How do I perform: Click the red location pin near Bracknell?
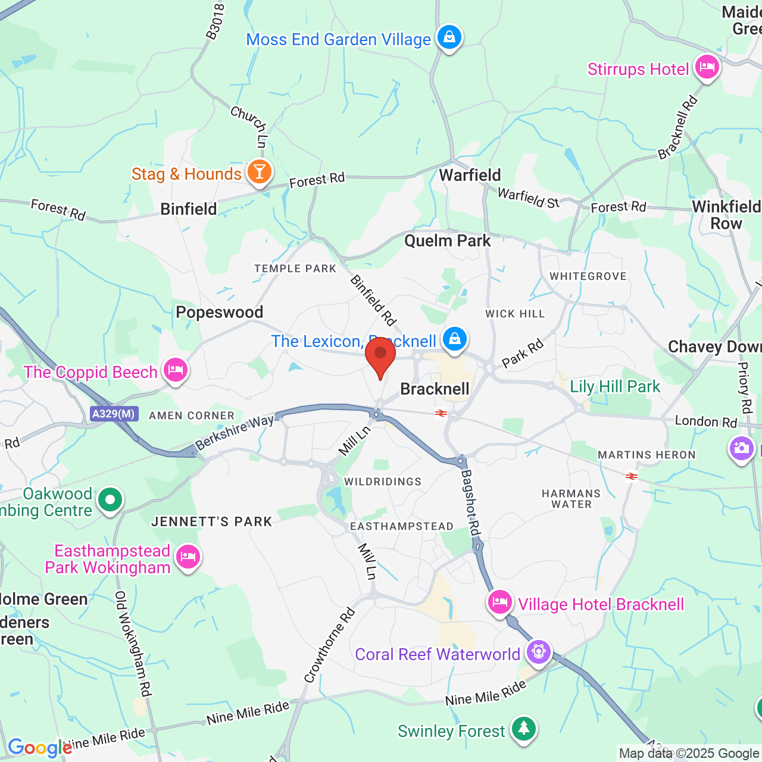click(x=380, y=356)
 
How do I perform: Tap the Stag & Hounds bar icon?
click(x=259, y=172)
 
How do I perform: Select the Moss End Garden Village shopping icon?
click(x=449, y=38)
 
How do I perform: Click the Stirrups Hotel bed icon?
click(x=707, y=67)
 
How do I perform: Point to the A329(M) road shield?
click(x=114, y=414)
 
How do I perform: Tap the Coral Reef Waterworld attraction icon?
click(x=538, y=652)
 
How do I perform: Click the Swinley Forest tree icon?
click(x=523, y=728)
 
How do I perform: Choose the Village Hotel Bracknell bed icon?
click(x=500, y=602)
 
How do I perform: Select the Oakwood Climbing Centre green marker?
click(x=110, y=500)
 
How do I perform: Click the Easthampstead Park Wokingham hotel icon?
click(x=188, y=558)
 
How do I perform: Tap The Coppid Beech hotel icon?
click(x=175, y=371)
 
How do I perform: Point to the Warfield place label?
click(x=470, y=175)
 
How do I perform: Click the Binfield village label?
click(x=189, y=209)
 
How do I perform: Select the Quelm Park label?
click(x=448, y=241)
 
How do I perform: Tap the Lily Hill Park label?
click(x=615, y=387)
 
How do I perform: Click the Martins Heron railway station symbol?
click(x=631, y=476)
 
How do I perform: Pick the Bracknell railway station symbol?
click(x=441, y=413)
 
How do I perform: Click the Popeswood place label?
click(x=219, y=313)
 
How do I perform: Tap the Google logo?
click(x=39, y=748)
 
